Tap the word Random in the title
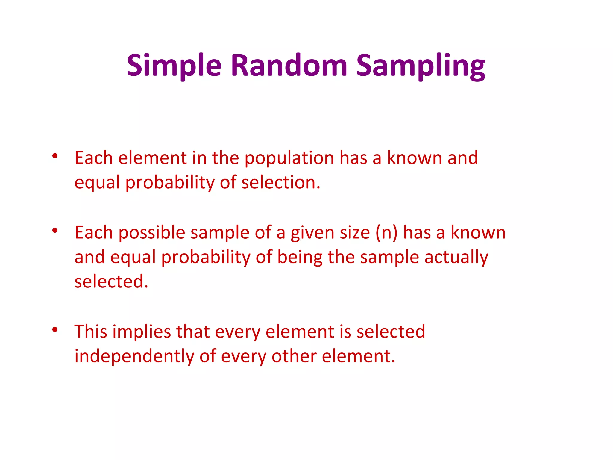pos(289,65)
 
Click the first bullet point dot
pos(55,156)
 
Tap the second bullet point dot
pos(55,231)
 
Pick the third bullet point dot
pos(55,330)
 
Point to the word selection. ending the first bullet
pos(281,183)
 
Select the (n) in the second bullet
pos(386,233)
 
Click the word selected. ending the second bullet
pos(111,282)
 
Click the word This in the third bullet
pos(91,332)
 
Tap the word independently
pos(134,357)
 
